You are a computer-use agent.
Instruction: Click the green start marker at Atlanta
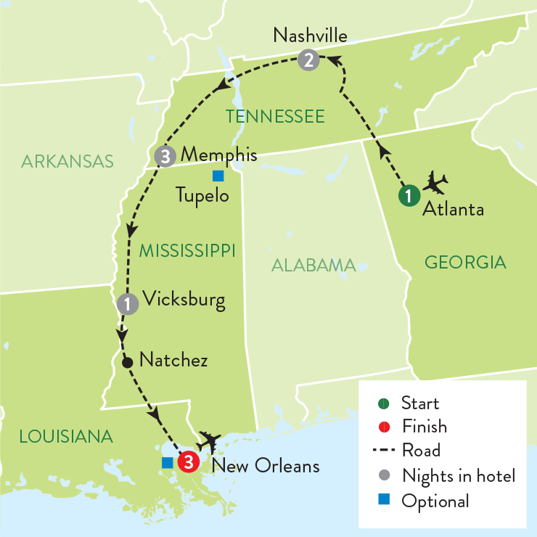pyautogui.click(x=409, y=195)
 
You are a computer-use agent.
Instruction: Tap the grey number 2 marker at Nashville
pyautogui.click(x=309, y=61)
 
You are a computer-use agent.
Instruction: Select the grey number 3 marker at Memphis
pyautogui.click(x=165, y=156)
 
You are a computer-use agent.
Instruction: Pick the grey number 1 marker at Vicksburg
pyautogui.click(x=128, y=303)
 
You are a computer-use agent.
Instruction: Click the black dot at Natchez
pyautogui.click(x=127, y=361)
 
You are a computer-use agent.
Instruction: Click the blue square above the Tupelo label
pyautogui.click(x=217, y=175)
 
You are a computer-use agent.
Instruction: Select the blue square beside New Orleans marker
pyautogui.click(x=167, y=462)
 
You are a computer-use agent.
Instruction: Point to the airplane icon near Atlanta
pyautogui.click(x=435, y=182)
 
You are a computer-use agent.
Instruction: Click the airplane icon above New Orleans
pyautogui.click(x=210, y=440)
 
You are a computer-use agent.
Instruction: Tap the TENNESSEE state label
pyautogui.click(x=274, y=116)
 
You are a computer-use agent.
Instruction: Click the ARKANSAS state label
pyautogui.click(x=67, y=161)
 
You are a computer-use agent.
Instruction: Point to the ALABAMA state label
pyautogui.click(x=313, y=265)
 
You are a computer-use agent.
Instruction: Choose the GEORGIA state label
pyautogui.click(x=465, y=262)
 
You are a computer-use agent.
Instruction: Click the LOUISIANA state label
pyautogui.click(x=66, y=437)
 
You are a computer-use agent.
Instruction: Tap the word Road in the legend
pyautogui.click(x=421, y=451)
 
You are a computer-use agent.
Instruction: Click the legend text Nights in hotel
pyautogui.click(x=458, y=476)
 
